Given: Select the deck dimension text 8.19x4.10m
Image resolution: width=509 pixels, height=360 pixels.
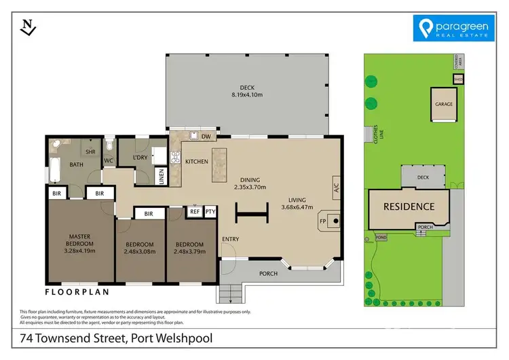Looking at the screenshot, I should [x=246, y=94].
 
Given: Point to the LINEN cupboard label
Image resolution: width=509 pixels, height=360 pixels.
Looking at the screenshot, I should [x=161, y=176].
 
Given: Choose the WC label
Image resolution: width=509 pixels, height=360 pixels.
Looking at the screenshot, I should [x=108, y=161].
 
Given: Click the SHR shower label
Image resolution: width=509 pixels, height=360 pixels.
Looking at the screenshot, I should [x=90, y=151].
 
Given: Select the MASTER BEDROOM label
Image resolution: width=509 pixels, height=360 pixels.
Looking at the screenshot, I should [x=79, y=240].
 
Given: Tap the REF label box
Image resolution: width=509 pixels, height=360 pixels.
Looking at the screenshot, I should [x=195, y=212].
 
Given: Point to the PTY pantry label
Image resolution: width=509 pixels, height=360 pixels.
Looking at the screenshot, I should [x=210, y=212].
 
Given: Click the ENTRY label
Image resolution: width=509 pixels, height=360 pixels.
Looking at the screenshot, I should [x=231, y=238].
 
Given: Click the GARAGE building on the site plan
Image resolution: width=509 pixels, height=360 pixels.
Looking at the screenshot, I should [x=444, y=105].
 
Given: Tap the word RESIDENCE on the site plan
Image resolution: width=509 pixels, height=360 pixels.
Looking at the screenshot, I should [x=409, y=206].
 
